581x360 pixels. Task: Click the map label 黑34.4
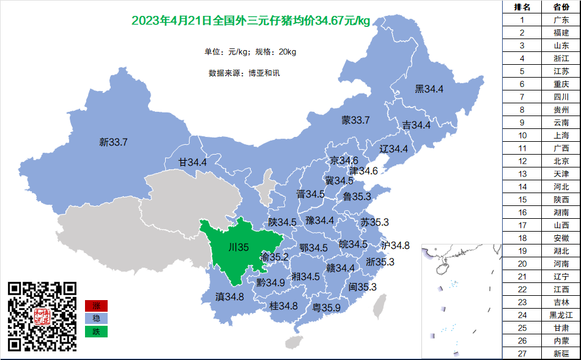click(x=429, y=89)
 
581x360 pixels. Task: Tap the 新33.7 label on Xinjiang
click(x=113, y=142)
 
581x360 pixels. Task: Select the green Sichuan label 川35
click(x=238, y=248)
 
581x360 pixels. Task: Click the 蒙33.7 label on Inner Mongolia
click(x=355, y=120)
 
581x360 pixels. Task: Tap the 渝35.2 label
click(x=274, y=257)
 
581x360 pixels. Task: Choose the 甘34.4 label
click(x=192, y=163)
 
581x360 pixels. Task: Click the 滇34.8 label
click(x=229, y=297)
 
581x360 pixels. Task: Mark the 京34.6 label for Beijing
click(x=344, y=161)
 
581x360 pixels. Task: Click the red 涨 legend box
click(x=96, y=306)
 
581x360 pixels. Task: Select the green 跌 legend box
click(x=96, y=332)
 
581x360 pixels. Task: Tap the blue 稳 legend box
click(x=96, y=318)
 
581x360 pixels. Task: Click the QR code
click(x=42, y=316)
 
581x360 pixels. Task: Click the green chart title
click(x=251, y=21)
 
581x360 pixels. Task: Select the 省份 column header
click(x=561, y=7)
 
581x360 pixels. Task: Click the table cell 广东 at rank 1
click(x=561, y=20)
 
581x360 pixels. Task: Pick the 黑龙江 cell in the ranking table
click(x=561, y=315)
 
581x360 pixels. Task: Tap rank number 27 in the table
click(x=522, y=353)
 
